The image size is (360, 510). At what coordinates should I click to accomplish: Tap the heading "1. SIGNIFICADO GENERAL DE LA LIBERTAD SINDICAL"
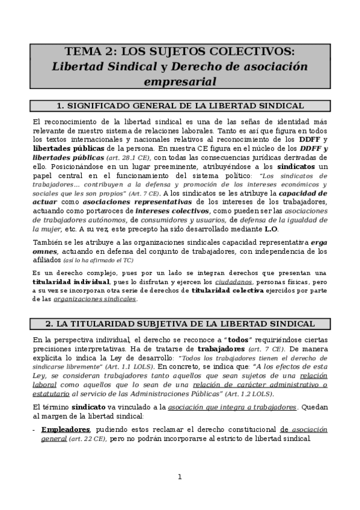pyautogui.click(x=180, y=106)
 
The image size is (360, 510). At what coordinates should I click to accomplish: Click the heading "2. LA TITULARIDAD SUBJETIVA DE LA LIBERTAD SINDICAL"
pyautogui.click(x=180, y=324)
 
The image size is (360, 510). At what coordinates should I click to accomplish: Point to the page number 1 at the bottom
pyautogui.click(x=179, y=478)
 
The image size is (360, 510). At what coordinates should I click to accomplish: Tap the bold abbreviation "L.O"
pyautogui.click(x=271, y=229)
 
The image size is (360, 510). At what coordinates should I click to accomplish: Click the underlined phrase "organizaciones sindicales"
pyautogui.click(x=103, y=299)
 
